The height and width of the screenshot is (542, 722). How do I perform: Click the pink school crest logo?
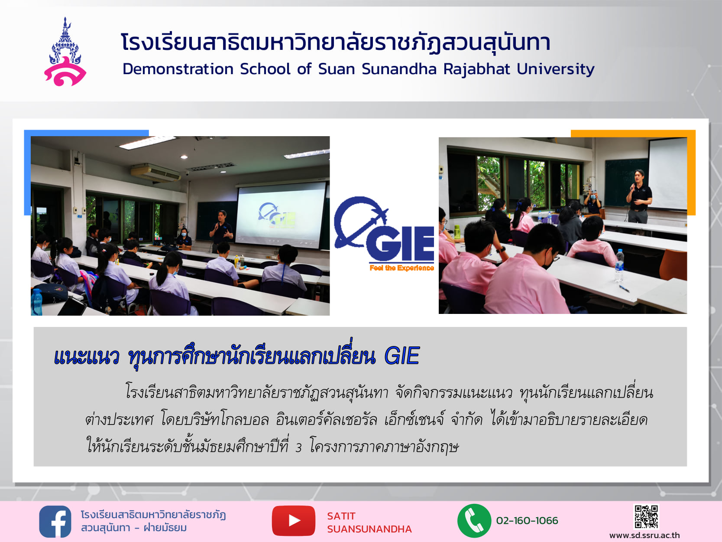(x=65, y=52)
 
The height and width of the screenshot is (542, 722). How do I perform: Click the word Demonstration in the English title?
(x=178, y=69)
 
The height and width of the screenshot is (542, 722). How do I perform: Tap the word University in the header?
(x=556, y=69)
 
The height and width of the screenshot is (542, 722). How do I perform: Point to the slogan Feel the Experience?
(x=401, y=268)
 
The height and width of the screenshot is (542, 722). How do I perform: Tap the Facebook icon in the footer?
(x=55, y=522)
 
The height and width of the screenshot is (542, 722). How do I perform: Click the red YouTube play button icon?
(x=293, y=521)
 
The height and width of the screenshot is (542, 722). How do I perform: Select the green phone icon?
(x=474, y=521)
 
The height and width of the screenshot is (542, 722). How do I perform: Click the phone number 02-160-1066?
(x=527, y=521)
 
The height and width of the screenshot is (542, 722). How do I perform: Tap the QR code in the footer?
(x=646, y=517)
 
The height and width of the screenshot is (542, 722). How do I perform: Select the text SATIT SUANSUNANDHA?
(x=369, y=522)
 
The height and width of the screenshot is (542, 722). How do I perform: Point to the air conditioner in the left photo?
(x=155, y=173)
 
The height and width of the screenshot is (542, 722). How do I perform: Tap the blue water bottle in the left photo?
(x=36, y=302)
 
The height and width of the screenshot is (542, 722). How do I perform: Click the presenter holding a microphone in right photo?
(x=639, y=196)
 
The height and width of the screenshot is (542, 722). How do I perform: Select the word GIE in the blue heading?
(x=401, y=356)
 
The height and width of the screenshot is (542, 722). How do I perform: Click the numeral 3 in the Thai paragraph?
(x=298, y=448)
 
